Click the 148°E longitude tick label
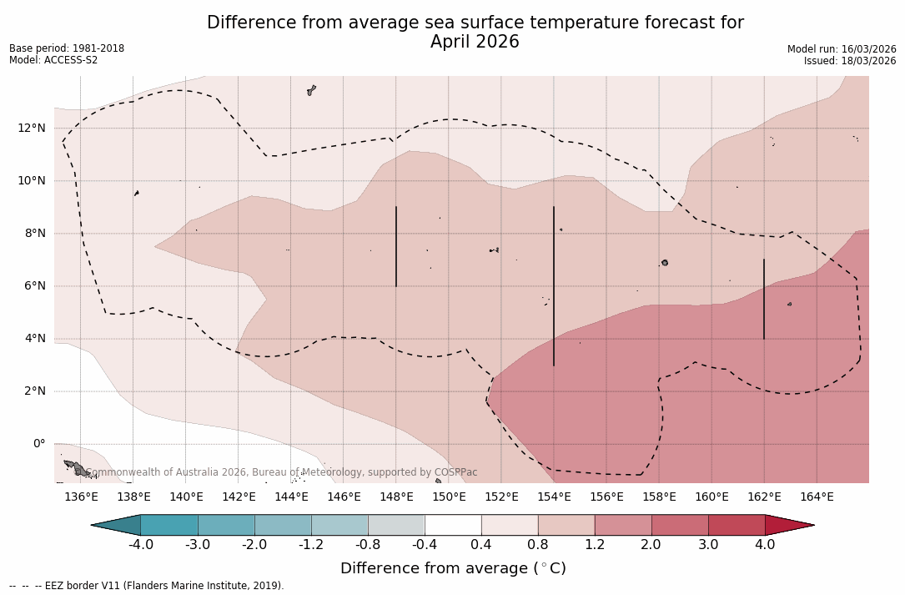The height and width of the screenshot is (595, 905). click(396, 497)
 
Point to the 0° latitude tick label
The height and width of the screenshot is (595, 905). click(38, 444)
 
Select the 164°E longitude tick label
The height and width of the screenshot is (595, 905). click(817, 497)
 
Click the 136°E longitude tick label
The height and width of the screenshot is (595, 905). click(81, 497)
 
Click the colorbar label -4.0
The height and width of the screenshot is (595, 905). click(140, 545)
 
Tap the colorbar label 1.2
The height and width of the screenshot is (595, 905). click(594, 545)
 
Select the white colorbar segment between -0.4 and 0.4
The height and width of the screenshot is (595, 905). click(453, 525)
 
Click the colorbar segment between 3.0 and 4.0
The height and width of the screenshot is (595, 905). click(737, 525)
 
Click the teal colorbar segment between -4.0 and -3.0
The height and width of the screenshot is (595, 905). click(169, 525)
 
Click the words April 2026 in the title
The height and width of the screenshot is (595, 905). click(475, 42)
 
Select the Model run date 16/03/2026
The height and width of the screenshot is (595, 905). click(867, 49)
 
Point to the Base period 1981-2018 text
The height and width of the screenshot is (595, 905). click(67, 48)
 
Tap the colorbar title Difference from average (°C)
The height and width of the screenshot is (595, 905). click(453, 568)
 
